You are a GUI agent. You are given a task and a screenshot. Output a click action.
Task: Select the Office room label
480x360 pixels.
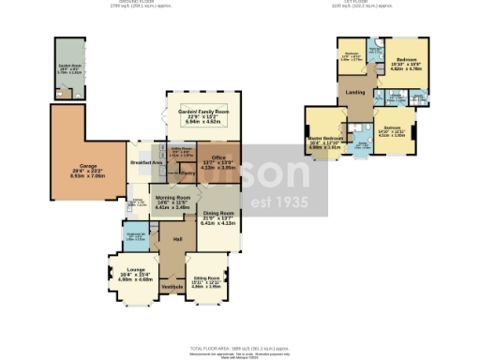coord(217,157)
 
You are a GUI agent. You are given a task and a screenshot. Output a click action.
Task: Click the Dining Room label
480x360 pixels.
coord(218,213)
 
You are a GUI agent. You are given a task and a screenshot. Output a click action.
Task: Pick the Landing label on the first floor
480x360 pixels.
coord(356,92)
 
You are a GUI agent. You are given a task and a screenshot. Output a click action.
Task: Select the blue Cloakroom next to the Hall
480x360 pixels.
coord(135,238)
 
